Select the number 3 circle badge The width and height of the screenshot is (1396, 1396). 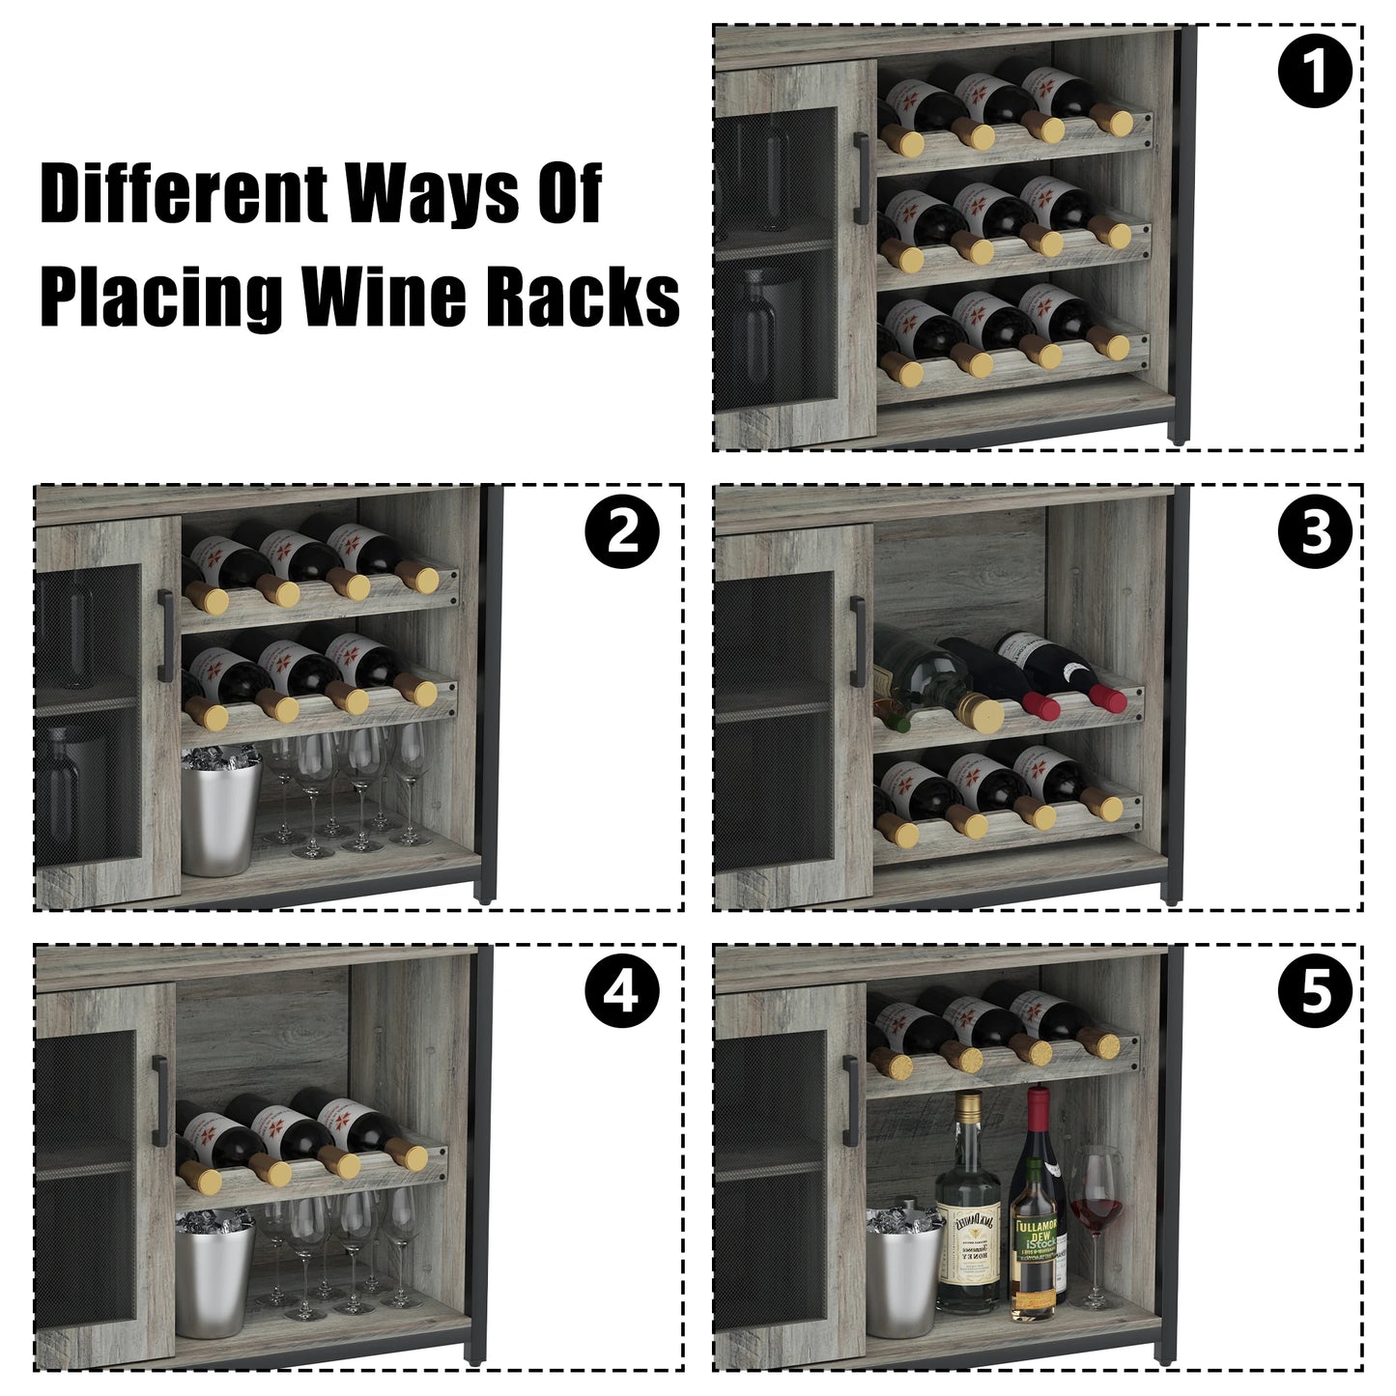point(1315,532)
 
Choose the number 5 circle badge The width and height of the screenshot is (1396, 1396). point(1315,992)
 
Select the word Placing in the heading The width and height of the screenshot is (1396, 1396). point(162,298)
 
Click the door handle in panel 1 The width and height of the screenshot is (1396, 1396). point(860,165)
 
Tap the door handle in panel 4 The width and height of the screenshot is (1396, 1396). point(160,1101)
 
